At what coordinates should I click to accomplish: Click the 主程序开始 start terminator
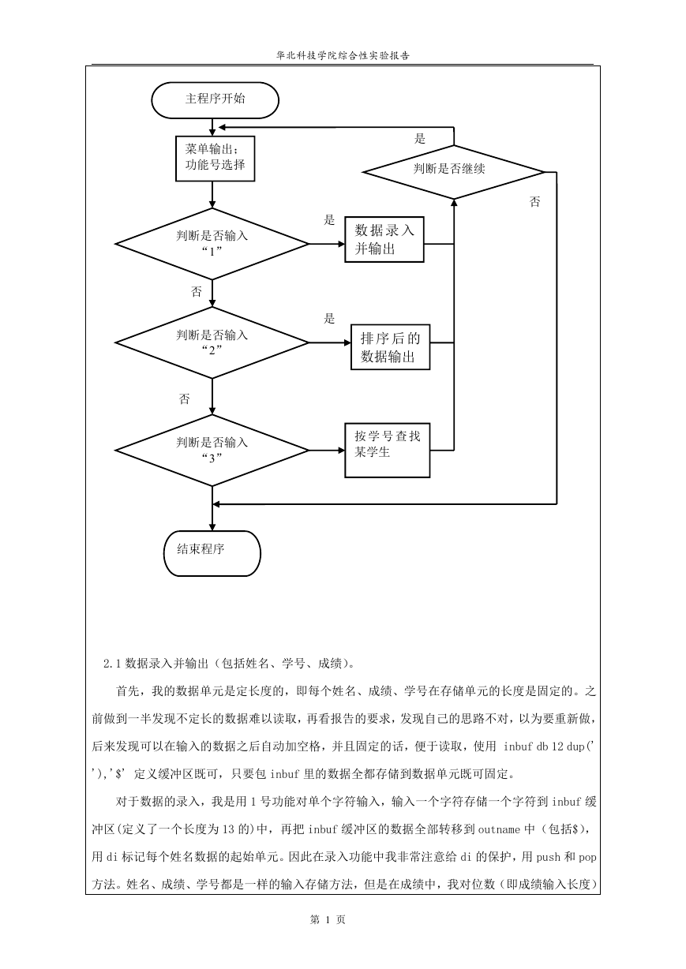pyautogui.click(x=215, y=100)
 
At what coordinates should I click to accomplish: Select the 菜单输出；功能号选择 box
pyautogui.click(x=215, y=159)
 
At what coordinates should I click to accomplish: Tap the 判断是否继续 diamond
pyautogui.click(x=453, y=172)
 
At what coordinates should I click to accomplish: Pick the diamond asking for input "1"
pyautogui.click(x=212, y=244)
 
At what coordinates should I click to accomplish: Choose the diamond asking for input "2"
pyautogui.click(x=212, y=342)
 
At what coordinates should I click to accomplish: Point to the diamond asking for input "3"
pyautogui.click(x=212, y=451)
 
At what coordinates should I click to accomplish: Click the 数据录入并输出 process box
pyautogui.click(x=384, y=240)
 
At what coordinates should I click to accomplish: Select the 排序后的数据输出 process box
pyautogui.click(x=391, y=347)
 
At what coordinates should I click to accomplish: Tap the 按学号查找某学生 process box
pyautogui.click(x=388, y=451)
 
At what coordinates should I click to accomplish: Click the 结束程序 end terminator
pyautogui.click(x=212, y=553)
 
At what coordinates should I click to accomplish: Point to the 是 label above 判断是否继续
pyautogui.click(x=420, y=138)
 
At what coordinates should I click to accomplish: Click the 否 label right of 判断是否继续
pyautogui.click(x=535, y=201)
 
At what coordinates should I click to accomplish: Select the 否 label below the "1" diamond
pyautogui.click(x=197, y=291)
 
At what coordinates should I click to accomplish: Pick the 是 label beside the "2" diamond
pyautogui.click(x=329, y=319)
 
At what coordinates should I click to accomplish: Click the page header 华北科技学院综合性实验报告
pyautogui.click(x=343, y=56)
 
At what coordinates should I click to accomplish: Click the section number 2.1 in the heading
pyautogui.click(x=112, y=663)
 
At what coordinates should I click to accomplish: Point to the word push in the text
pyautogui.click(x=549, y=857)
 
